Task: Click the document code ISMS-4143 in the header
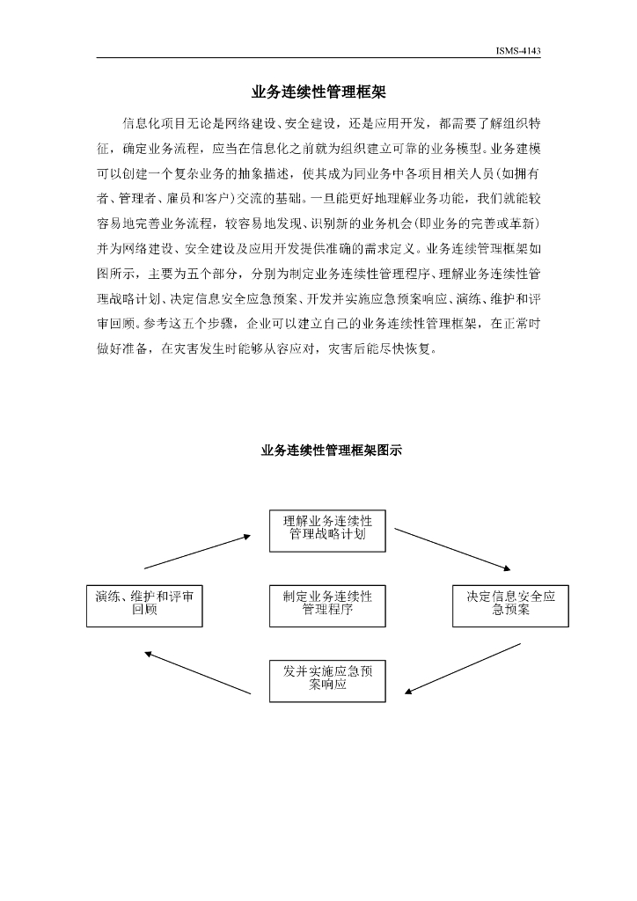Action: (517, 51)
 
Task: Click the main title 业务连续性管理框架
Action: (318, 91)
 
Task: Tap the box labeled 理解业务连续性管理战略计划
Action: (327, 528)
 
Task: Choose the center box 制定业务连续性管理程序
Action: (327, 603)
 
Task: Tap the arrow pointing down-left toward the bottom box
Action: (463, 667)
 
